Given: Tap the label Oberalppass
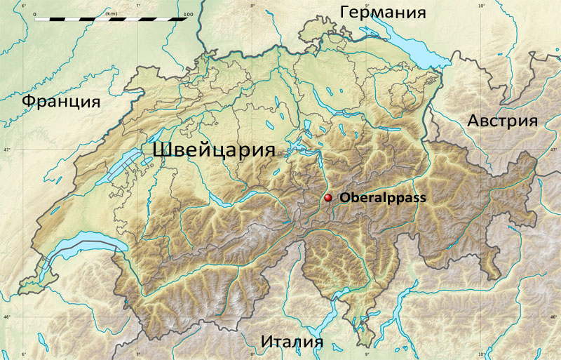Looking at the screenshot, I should [383, 199].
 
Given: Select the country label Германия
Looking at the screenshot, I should [383, 12].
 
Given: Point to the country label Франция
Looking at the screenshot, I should [61, 101].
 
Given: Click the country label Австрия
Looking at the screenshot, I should [502, 121].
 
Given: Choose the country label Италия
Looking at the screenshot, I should [292, 342].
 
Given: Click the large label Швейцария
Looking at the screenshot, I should [213, 150].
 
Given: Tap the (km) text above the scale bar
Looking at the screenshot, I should [110, 13].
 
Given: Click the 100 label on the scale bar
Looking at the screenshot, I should [187, 13].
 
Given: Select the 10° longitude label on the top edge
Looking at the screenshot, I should [481, 6].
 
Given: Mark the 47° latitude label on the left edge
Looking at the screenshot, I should [6, 150].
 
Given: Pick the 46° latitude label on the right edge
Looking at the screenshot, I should [555, 318].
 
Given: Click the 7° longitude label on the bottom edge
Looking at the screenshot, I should [137, 354].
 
